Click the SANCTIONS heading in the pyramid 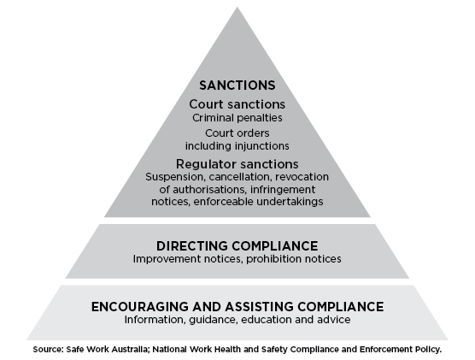click(x=237, y=86)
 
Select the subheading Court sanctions click(x=237, y=104)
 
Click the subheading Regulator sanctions click(x=237, y=164)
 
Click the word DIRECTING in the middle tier click(x=192, y=246)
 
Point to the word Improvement click(x=167, y=259)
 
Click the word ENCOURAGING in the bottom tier click(x=140, y=307)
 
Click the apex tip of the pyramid click(x=237, y=8)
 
